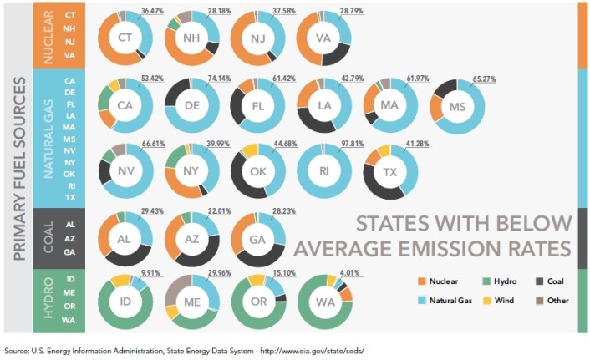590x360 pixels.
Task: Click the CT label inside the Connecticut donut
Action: [x=125, y=38]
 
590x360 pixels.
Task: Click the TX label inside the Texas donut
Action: [x=390, y=172]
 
